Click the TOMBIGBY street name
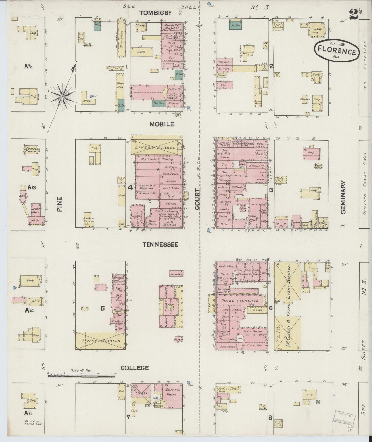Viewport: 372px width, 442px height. point(155,13)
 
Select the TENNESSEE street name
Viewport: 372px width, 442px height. point(161,244)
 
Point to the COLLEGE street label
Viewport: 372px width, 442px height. point(135,368)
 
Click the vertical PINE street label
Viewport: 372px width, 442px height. point(60,204)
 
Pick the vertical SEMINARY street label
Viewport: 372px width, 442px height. point(343,197)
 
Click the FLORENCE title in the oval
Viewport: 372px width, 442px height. point(337,52)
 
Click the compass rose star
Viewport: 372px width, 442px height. point(62,97)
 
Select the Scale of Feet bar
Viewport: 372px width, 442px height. point(82,376)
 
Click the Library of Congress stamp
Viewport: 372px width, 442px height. point(345,419)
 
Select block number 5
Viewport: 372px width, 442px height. point(102,308)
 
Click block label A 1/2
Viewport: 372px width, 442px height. point(28,66)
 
